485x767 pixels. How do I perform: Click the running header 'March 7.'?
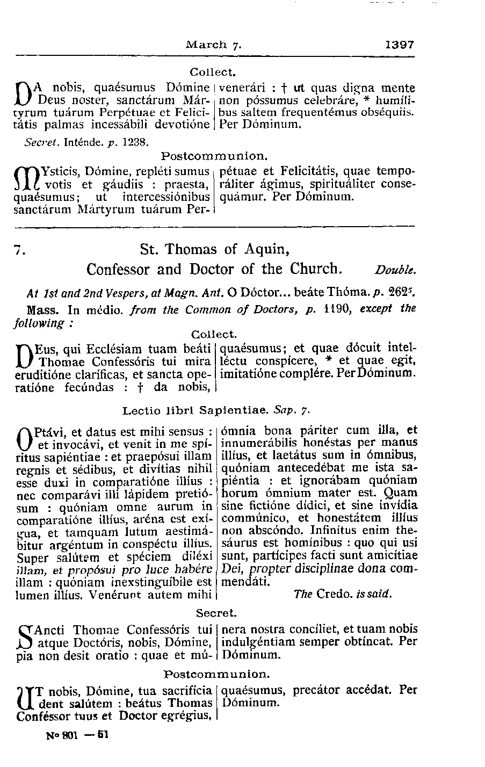214,45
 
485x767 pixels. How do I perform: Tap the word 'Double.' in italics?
394,269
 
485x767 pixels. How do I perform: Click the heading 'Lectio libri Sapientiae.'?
196,411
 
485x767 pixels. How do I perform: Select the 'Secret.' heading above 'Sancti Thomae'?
216,612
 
